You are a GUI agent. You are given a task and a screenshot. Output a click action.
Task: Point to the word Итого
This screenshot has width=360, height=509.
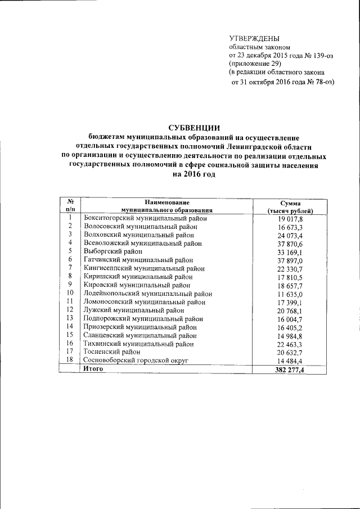(93, 369)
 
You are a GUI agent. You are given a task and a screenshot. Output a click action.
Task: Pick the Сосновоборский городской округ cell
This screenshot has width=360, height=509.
(135, 360)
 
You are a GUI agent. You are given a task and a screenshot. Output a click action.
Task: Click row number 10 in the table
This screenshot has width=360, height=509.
(70, 293)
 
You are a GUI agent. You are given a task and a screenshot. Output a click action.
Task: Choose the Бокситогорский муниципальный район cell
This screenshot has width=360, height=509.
(145, 218)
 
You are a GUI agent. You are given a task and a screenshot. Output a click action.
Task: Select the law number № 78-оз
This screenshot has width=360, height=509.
(318, 82)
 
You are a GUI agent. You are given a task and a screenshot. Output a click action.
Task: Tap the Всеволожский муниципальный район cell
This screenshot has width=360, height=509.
(142, 244)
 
